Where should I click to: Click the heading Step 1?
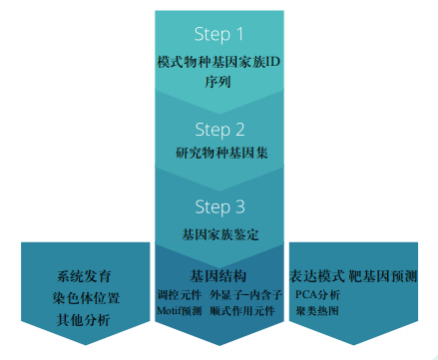tap(219, 35)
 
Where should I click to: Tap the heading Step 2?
tap(219, 130)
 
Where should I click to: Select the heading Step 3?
tap(219, 207)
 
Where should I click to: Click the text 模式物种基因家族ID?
tap(219, 62)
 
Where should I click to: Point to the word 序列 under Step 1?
tap(218, 82)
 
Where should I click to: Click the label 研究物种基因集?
tap(221, 153)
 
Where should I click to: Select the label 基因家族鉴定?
tap(220, 234)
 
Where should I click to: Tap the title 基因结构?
tap(219, 276)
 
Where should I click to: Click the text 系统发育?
tap(84, 276)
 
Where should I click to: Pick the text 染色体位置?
tap(86, 298)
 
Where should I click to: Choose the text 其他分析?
tap(83, 320)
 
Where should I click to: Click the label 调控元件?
tap(180, 295)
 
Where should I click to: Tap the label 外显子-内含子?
tap(246, 295)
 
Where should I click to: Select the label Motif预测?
tap(180, 311)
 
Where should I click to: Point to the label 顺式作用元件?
tap(242, 311)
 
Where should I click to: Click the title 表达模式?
tap(317, 276)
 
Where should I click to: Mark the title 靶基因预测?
tap(383, 276)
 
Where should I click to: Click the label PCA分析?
tap(318, 295)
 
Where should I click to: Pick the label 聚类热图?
tap(317, 311)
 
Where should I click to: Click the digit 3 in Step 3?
tap(240, 206)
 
